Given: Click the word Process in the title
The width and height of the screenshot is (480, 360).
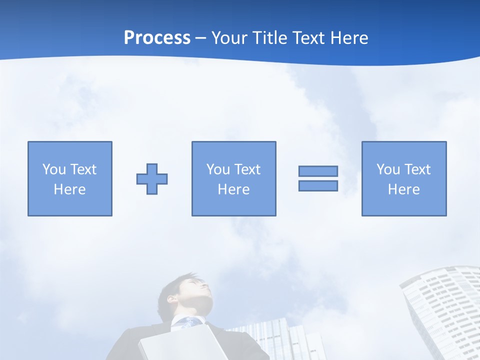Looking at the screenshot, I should point(157,38).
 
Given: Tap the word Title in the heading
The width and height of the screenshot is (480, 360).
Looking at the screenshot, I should point(271,38).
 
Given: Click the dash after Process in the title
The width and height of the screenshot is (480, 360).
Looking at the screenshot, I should point(201,38).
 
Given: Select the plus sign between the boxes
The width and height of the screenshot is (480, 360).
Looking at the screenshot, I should point(152,179).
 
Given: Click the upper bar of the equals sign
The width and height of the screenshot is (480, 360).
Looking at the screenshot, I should point(318,171).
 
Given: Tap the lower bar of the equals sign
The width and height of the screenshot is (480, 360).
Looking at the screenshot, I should point(318,186).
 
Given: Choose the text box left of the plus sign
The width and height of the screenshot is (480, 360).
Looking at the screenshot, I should point(70,179).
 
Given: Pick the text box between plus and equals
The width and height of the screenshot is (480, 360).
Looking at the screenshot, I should point(233,179).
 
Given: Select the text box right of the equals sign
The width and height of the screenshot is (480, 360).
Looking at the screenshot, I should point(404,179).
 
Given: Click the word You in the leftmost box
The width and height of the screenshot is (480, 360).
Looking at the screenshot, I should point(53,169).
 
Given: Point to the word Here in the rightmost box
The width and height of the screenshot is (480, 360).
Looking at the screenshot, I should point(403,189).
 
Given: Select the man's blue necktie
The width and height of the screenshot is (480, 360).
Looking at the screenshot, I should point(189,323).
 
